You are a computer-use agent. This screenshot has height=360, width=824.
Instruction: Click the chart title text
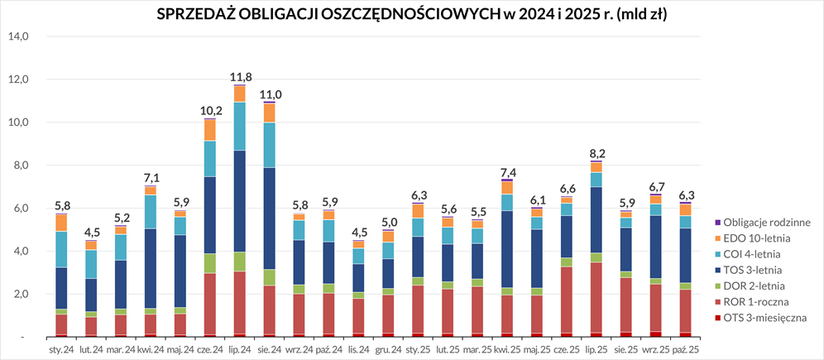pos(412,14)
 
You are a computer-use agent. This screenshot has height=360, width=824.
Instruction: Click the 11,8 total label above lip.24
pos(240,77)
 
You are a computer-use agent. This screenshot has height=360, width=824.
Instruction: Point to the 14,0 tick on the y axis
pos(18,36)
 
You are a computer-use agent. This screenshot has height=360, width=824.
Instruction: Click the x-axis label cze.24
pos(209,349)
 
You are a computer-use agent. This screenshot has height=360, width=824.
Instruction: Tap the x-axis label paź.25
pos(686,349)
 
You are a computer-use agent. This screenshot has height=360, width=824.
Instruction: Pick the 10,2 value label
pos(210,111)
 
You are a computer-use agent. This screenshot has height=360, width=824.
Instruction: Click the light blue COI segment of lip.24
pos(240,127)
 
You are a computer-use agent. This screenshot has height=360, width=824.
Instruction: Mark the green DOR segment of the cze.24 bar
pos(210,263)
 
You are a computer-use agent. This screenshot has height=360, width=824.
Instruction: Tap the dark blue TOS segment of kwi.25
pos(506,248)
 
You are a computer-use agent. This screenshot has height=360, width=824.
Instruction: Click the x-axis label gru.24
pos(388,349)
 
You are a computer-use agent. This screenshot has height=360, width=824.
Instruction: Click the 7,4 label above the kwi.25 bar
pos(506,171)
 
